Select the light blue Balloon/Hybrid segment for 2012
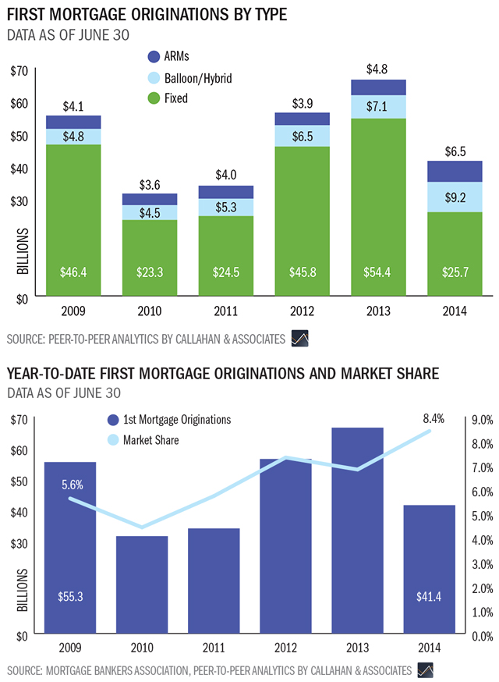click(302, 136)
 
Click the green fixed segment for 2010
click(149, 258)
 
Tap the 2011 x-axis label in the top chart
click(225, 312)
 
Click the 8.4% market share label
click(433, 419)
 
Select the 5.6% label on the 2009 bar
click(73, 484)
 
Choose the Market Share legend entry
click(143, 440)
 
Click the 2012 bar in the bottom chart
click(302, 546)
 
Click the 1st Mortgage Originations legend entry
click(172, 419)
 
